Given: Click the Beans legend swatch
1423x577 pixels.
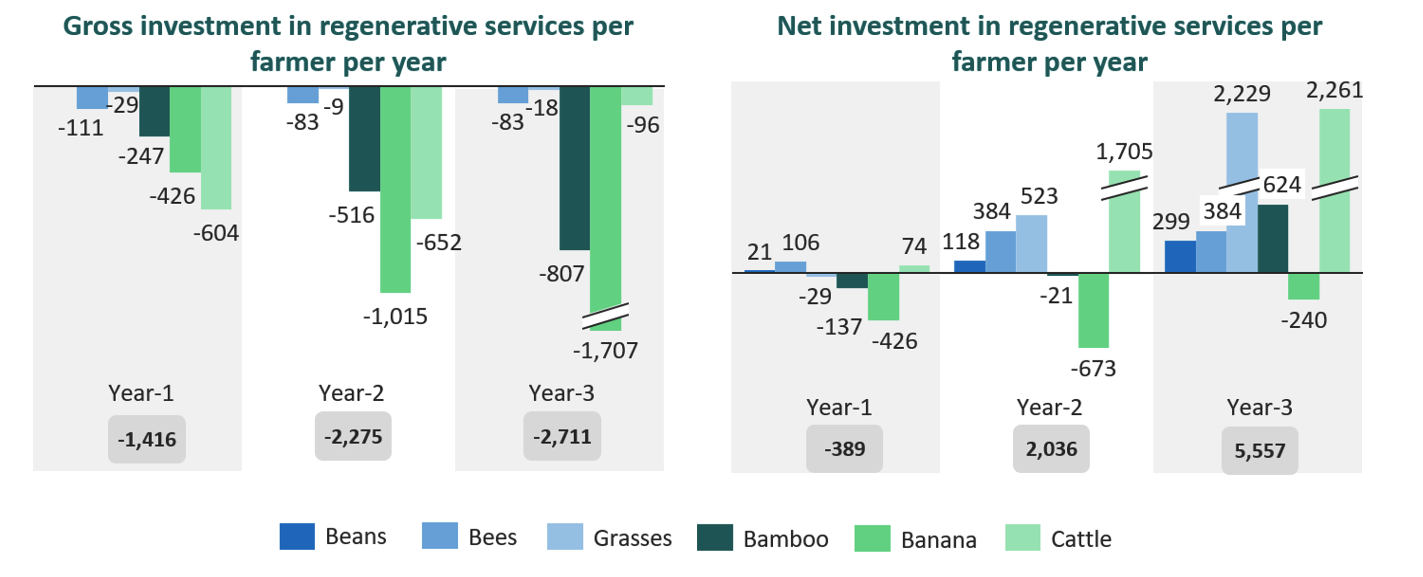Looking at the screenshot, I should pos(296,536).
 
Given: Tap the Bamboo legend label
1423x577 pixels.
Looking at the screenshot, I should pos(785,539).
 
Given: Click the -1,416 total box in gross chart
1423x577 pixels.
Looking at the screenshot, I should pos(147,439).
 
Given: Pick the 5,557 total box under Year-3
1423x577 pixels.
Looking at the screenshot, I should pos(1259,451).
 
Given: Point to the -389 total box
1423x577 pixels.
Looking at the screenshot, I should pos(844,449).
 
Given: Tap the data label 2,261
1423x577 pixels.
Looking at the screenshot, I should pos(1334,90).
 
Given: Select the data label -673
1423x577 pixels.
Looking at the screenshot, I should pos(1093,368).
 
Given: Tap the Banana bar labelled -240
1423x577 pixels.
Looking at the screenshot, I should pos(1303,286).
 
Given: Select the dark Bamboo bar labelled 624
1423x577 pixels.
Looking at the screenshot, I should pos(1273,239).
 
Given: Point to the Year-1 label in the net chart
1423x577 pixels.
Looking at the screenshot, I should pos(838,408).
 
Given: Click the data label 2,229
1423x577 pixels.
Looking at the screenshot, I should pos(1242,94).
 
